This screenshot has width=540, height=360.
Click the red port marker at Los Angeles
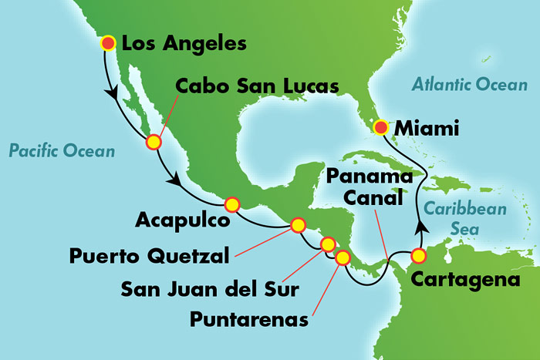click(x=108, y=44)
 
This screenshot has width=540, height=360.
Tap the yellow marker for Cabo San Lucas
click(x=154, y=142)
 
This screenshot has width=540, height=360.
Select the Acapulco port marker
click(x=231, y=205)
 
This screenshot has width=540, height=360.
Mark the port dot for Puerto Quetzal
click(x=297, y=225)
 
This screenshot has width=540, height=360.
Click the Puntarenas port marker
click(x=342, y=257)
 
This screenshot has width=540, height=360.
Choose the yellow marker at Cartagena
click(x=419, y=255)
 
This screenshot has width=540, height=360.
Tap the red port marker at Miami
click(x=380, y=126)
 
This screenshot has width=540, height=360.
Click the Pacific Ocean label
click(x=62, y=151)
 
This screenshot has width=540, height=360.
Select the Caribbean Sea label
click(x=464, y=218)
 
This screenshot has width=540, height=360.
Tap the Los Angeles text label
click(x=185, y=44)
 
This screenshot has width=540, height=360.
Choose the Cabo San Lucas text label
click(x=257, y=86)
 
